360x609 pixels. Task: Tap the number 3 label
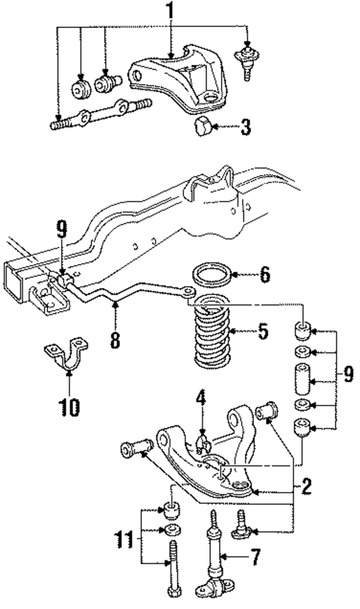(x=245, y=127)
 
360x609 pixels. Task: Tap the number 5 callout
(x=263, y=331)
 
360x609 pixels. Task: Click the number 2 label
(x=305, y=486)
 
